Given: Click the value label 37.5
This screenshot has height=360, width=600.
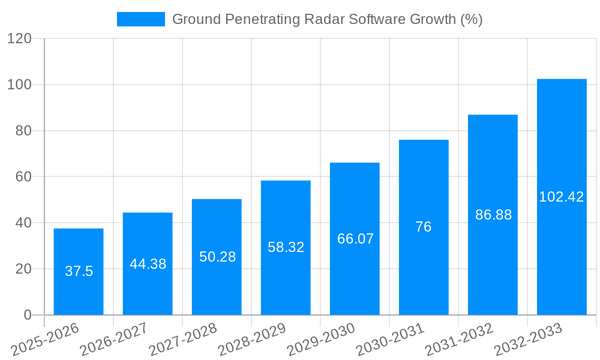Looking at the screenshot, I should pos(79,271).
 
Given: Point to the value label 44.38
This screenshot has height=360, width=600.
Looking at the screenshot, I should pos(148,264).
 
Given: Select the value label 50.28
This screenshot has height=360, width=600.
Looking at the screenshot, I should pos(217,257).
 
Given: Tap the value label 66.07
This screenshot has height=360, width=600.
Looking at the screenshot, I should pos(355,239).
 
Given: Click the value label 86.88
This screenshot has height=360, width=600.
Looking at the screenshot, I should pos(493,215).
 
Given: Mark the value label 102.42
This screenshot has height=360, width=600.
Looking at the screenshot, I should pos(562,197).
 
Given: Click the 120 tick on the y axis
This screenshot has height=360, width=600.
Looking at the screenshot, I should pos(19,38).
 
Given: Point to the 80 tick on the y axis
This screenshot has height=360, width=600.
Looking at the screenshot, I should pos(23,131).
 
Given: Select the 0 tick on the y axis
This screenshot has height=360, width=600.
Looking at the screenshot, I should pos(27,315).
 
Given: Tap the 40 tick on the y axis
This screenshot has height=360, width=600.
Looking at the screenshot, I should pos(23,223).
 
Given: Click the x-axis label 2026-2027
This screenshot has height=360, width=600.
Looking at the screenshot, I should pos(114,340).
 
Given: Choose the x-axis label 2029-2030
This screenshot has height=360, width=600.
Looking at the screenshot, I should pos(321,340).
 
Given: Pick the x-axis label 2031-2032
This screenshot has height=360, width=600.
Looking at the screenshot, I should pos(459,340).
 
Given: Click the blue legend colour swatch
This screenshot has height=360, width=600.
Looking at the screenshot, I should pos(141,19).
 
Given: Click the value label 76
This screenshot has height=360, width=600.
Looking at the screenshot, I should pos(424,227).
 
